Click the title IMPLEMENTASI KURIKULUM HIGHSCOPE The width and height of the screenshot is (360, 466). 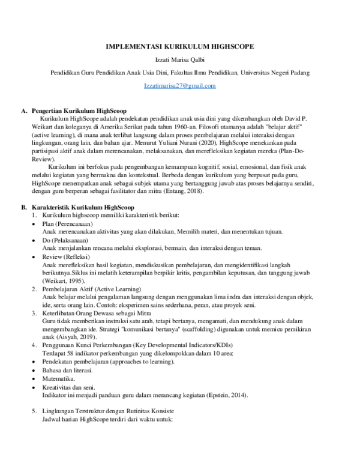tap(179, 46)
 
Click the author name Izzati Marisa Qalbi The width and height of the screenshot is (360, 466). tap(179, 59)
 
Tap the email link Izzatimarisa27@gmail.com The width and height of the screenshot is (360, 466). tap(179, 86)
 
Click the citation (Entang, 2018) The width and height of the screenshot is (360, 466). tap(183, 191)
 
